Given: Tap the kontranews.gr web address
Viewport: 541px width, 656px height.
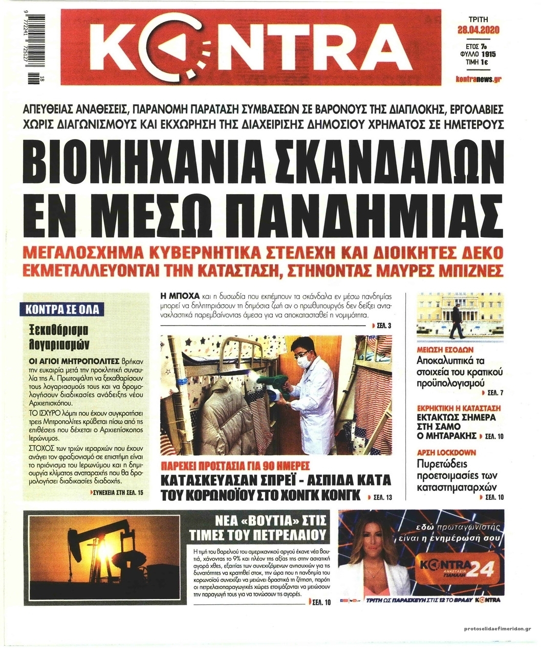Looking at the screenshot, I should coord(478,80).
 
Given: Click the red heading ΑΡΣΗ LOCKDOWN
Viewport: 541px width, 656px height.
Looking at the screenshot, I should coord(446,453).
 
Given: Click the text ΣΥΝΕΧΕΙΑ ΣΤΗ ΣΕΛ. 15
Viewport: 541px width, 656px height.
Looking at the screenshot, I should coord(115,493).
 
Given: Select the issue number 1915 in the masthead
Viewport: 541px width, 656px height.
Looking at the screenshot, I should coord(492,53).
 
